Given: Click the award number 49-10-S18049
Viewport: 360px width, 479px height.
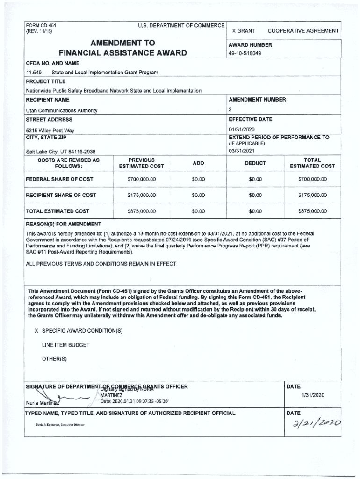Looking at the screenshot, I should point(245,53).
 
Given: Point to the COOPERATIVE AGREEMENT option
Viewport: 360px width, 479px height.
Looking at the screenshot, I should point(303,31).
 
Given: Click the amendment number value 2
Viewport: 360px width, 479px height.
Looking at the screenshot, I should point(230,109).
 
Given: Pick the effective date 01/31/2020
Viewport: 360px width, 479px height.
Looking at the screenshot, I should point(241,129).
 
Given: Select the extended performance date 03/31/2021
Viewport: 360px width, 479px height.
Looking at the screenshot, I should point(241,151).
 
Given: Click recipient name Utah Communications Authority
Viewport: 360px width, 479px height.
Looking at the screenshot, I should point(62,110).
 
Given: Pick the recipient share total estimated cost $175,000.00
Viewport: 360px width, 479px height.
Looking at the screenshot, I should point(312,195).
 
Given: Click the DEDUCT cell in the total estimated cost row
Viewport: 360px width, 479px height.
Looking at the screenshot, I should point(255,211).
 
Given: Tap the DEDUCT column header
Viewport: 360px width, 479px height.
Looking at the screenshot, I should point(255,163).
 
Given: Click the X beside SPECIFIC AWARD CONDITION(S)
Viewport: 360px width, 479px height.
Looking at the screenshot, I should point(36,331).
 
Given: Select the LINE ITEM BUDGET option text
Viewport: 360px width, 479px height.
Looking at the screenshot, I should point(65,345).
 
